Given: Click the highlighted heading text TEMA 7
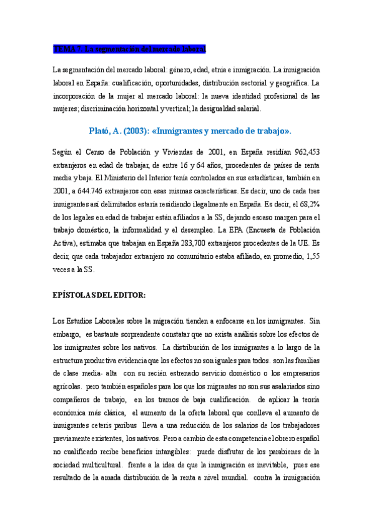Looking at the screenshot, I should click(x=67, y=49).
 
